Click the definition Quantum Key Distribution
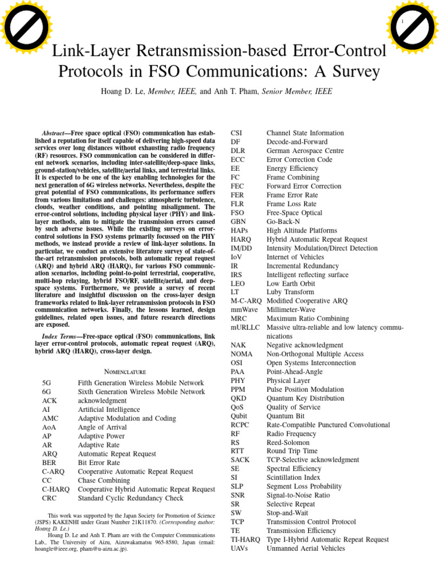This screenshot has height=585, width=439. (x=305, y=398)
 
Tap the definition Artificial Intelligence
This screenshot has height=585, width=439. (x=109, y=410)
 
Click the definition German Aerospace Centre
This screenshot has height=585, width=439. (x=305, y=151)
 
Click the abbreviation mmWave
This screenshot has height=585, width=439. (x=244, y=310)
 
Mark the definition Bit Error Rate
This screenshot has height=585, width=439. (x=99, y=463)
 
